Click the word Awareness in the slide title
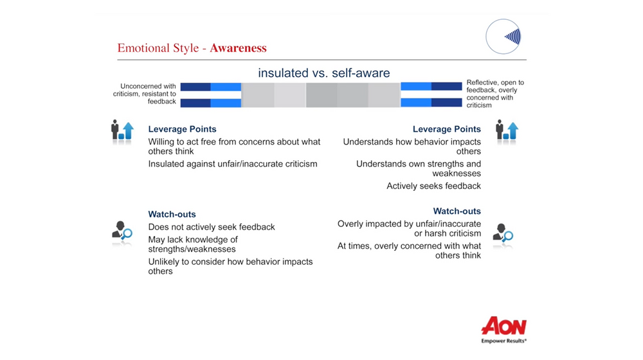click(x=238, y=48)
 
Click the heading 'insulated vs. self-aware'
click(x=323, y=73)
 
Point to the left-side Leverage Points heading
click(x=182, y=129)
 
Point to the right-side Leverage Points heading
click(x=446, y=129)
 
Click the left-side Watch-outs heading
click(x=172, y=214)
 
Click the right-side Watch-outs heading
click(x=457, y=211)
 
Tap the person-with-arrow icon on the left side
click(x=122, y=130)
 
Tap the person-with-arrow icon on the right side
click(x=507, y=130)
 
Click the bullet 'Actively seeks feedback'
click(x=433, y=186)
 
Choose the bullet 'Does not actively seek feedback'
click(x=212, y=227)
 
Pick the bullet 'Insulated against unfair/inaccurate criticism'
click(x=233, y=164)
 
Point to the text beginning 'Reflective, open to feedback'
click(x=494, y=94)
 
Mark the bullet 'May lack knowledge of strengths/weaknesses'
click(x=193, y=244)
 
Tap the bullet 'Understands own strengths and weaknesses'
click(x=419, y=168)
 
